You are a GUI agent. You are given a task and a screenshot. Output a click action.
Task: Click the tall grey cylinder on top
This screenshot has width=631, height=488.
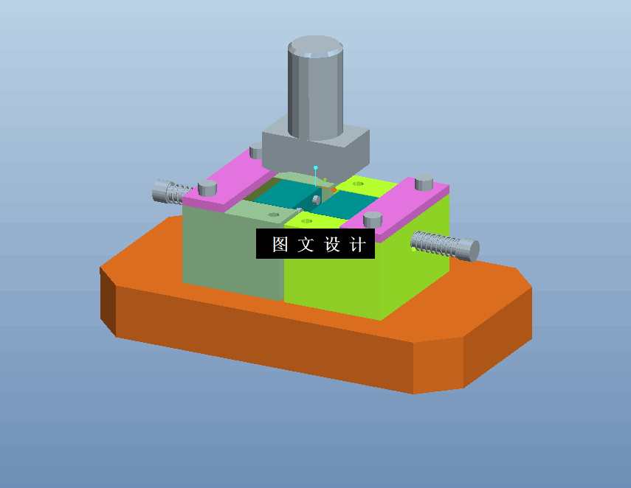pyautogui.click(x=314, y=88)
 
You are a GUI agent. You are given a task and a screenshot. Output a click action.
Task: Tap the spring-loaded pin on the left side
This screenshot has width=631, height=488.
pyautogui.click(x=170, y=192)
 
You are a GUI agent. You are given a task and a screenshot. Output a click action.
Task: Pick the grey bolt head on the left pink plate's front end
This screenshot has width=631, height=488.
pyautogui.click(x=207, y=189)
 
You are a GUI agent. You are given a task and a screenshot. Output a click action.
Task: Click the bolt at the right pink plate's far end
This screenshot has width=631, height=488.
pyautogui.click(x=424, y=182)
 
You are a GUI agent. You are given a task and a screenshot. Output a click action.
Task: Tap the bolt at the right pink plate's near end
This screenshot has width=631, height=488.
pyautogui.click(x=373, y=220)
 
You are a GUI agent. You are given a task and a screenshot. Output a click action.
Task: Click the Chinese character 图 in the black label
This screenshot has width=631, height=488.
pyautogui.click(x=280, y=245)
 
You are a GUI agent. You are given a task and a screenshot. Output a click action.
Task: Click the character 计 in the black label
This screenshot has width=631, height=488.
pyautogui.click(x=356, y=245)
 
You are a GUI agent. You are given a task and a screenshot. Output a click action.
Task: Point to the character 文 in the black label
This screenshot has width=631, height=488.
pyautogui.click(x=306, y=245)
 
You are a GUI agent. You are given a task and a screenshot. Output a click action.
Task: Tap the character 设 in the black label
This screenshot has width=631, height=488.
pyautogui.click(x=331, y=245)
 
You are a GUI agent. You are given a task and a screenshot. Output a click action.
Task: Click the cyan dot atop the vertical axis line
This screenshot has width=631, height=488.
pyautogui.click(x=316, y=167)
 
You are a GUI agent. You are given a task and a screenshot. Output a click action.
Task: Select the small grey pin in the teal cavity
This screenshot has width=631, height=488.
pyautogui.click(x=315, y=200)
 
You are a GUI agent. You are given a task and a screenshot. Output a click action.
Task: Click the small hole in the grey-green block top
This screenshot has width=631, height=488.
pyautogui.click(x=274, y=215)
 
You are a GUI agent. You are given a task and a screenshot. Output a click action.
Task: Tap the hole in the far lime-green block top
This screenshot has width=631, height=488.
pyautogui.click(x=358, y=184)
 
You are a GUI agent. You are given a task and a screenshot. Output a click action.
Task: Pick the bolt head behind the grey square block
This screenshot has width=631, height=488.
pyautogui.click(x=256, y=152)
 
